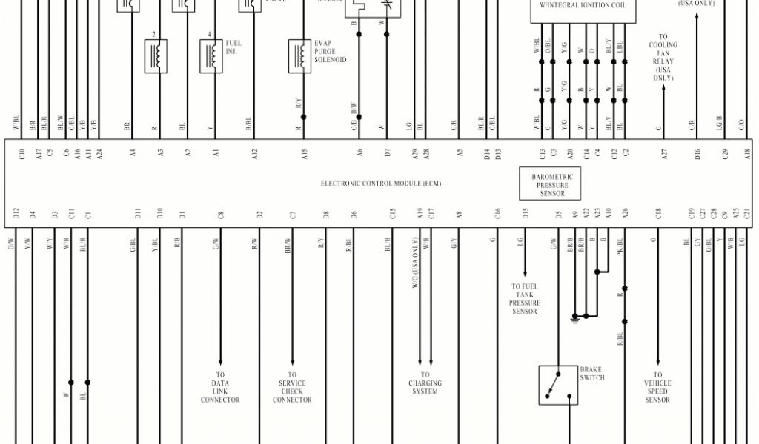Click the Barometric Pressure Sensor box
click(552, 184)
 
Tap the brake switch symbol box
click(558, 385)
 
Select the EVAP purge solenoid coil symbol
click(299, 56)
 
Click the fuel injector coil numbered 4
click(211, 56)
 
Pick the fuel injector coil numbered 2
click(155, 56)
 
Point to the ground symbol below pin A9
click(574, 319)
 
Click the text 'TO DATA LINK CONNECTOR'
click(220, 387)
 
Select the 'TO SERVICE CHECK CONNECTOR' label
click(292, 387)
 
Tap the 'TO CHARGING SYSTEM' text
click(425, 383)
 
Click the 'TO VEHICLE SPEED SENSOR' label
click(657, 387)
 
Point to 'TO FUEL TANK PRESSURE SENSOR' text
click(525, 299)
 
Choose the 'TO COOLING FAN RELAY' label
click(663, 57)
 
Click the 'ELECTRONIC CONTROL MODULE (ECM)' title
click(380, 184)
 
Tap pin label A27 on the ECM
click(664, 154)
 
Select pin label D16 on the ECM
click(697, 154)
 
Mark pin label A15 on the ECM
click(304, 154)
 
